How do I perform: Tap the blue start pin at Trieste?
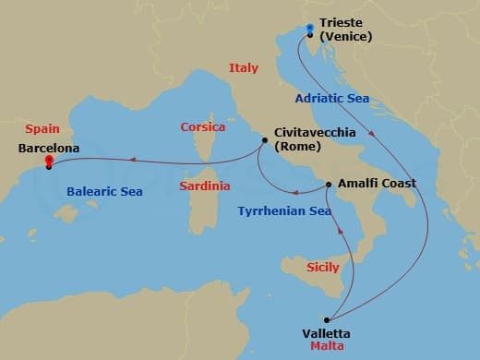click(309, 30)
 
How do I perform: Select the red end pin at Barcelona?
click(48, 162)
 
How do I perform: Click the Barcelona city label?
click(48, 147)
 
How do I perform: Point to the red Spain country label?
click(42, 129)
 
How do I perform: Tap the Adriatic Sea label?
click(333, 98)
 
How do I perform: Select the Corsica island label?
click(203, 126)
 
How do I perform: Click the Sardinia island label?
click(205, 186)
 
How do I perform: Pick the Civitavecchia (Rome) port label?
click(314, 139)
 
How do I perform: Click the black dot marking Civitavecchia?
click(265, 140)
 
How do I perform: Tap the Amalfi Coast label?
click(377, 183)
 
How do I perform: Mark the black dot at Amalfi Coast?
click(330, 185)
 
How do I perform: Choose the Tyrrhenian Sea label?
click(284, 210)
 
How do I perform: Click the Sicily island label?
click(323, 266)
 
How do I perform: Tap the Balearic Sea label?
click(104, 192)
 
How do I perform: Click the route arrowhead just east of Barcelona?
click(133, 160)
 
